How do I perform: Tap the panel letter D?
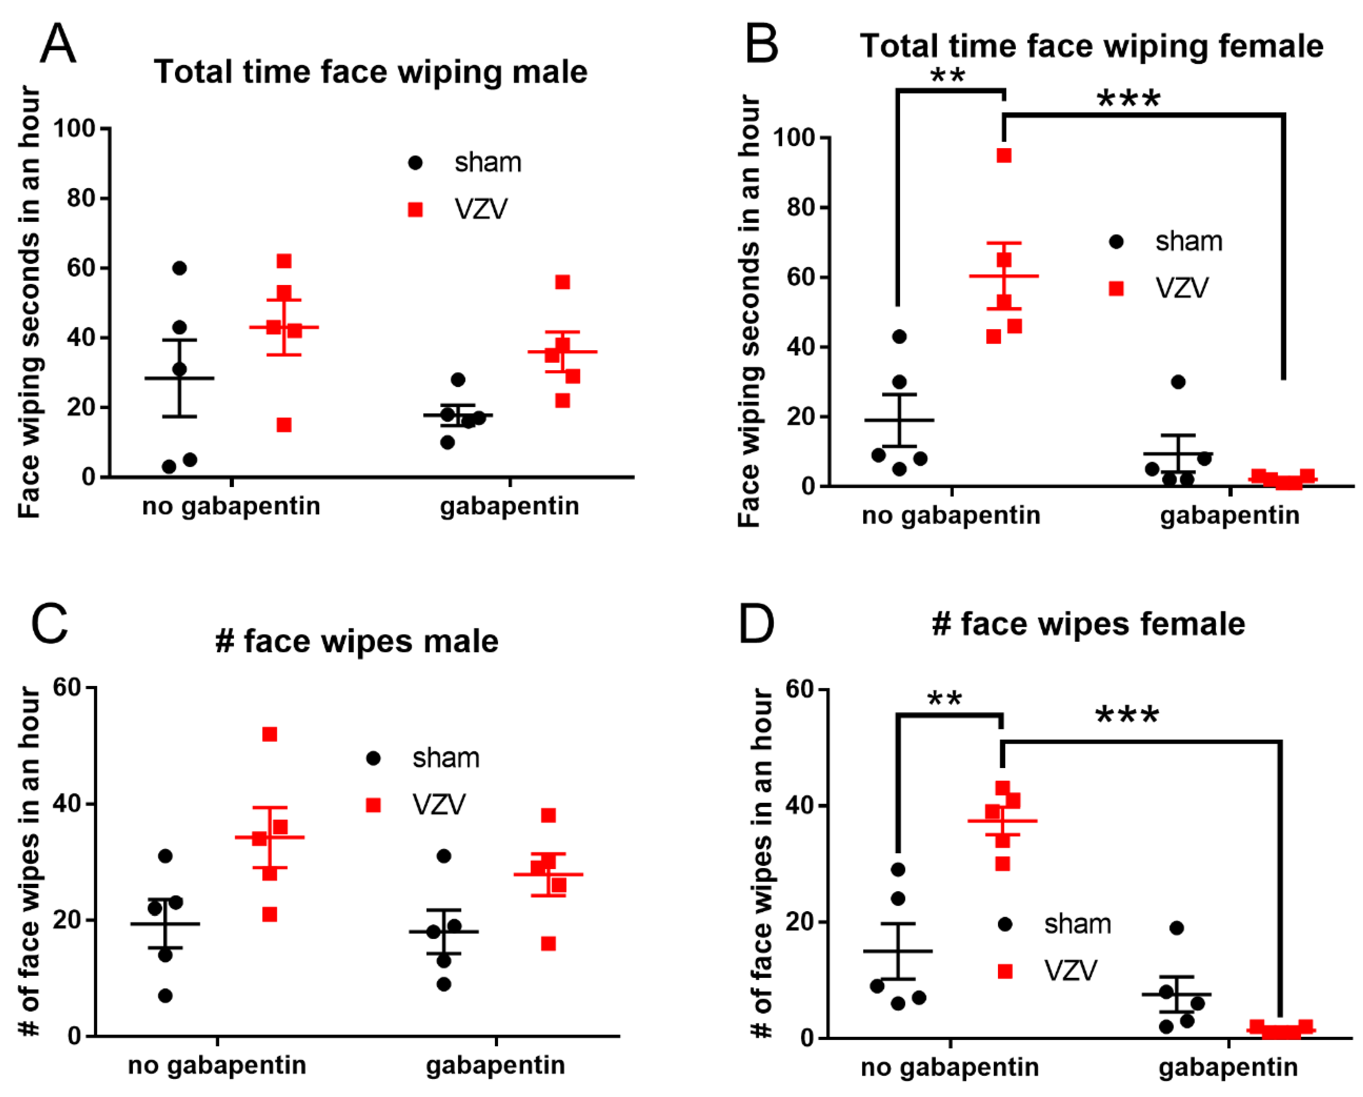[x=756, y=623]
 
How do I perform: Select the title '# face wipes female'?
[x=1088, y=624]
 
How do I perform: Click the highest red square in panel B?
[x=1004, y=155]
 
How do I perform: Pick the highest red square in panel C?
[x=270, y=734]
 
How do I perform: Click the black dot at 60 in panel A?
[x=180, y=268]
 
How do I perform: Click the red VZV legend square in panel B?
[x=1116, y=289]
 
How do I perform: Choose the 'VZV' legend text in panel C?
[x=439, y=805]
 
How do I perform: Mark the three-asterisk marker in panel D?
[x=1127, y=715]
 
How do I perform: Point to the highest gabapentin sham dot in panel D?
[x=1176, y=928]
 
